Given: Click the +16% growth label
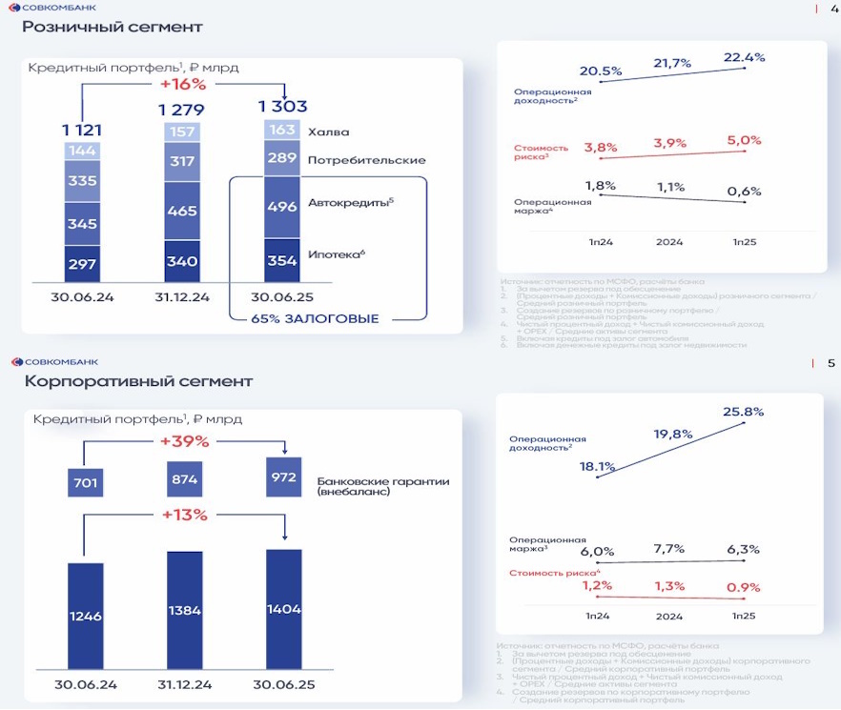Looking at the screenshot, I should [x=181, y=84].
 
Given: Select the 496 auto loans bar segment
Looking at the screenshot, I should [x=281, y=206].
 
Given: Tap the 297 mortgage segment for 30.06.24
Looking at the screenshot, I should [x=82, y=263].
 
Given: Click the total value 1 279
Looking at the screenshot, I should [x=182, y=111].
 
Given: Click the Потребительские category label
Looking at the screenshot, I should [x=366, y=160].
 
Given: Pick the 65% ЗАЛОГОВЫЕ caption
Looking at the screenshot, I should [x=315, y=318].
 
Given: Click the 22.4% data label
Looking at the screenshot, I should [x=744, y=57].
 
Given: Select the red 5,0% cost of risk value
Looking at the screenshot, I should [x=744, y=140].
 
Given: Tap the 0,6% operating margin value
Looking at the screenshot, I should [x=744, y=191].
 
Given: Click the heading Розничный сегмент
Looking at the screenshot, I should [x=113, y=27].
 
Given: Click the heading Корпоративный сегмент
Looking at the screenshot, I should [x=138, y=381].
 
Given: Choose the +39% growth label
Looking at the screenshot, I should [x=184, y=441].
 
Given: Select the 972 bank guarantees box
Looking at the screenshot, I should [x=283, y=477].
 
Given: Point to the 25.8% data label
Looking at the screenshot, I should [x=744, y=412].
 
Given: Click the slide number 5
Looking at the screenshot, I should [x=831, y=363].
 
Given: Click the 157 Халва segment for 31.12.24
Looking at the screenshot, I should [x=181, y=132].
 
